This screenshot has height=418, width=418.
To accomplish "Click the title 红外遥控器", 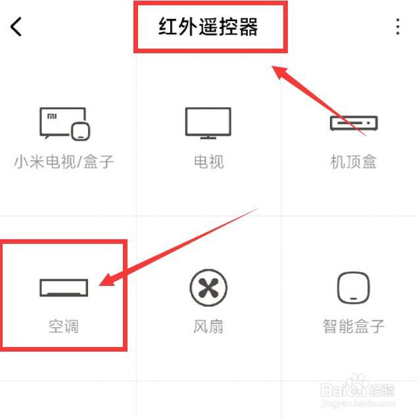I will [208, 27].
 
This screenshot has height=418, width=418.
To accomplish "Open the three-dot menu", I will [398, 27].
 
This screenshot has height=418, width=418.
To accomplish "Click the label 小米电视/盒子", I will [64, 162].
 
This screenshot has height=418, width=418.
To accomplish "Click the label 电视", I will [208, 162].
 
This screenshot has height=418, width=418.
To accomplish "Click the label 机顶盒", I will [353, 162].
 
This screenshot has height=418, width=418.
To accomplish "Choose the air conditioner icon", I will [63, 287].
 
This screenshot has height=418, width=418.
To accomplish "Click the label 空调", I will [64, 325].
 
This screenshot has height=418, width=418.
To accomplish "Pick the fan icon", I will [208, 287].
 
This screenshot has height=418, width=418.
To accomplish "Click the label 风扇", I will [208, 325].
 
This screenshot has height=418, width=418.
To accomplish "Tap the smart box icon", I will [353, 288].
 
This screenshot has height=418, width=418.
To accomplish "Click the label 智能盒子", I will [353, 325].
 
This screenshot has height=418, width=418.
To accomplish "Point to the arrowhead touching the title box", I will [281, 71].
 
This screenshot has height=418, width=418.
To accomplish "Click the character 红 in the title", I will [168, 27].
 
